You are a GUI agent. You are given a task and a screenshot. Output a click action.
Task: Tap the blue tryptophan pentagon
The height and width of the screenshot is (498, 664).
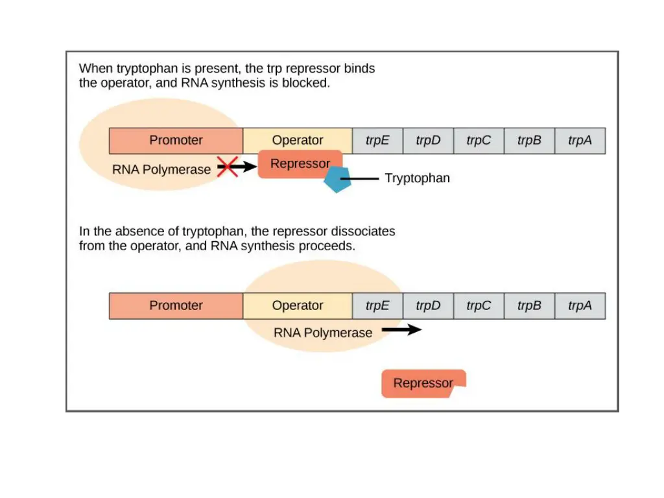click(x=337, y=180)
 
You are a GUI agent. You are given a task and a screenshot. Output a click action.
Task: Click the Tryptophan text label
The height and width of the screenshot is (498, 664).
click(x=417, y=178)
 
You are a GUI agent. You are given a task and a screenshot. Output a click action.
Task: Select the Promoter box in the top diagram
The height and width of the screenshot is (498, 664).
click(x=176, y=141)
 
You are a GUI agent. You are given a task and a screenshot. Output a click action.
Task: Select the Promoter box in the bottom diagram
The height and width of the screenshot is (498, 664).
click(x=176, y=306)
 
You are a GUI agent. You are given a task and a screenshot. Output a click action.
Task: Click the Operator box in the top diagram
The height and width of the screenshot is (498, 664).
click(x=298, y=141)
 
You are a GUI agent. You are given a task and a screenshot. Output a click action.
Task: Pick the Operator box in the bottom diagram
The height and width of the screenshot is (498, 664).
click(x=298, y=306)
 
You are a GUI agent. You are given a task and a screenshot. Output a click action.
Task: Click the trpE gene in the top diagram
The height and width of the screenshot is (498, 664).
click(x=377, y=141)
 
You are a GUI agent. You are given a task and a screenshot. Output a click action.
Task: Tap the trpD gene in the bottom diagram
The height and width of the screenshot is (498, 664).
click(x=428, y=306)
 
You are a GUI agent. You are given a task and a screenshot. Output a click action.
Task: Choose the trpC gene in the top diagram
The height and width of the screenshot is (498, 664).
click(x=479, y=141)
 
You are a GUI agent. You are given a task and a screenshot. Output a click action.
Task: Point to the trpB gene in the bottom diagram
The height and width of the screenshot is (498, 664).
click(x=529, y=306)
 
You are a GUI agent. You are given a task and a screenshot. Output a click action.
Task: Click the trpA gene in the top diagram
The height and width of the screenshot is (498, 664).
click(x=580, y=141)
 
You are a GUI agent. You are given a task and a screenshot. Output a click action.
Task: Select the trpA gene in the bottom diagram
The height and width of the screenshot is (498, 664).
click(x=580, y=306)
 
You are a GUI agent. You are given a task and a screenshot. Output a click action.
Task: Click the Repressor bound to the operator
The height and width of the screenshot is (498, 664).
click(x=300, y=164)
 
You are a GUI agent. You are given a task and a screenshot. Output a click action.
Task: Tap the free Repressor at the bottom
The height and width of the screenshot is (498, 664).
click(x=423, y=383)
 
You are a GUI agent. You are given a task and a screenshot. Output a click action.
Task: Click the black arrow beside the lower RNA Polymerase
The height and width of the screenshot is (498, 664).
click(x=401, y=330)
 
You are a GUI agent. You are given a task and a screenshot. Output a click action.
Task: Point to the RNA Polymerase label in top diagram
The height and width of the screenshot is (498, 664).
click(x=161, y=170)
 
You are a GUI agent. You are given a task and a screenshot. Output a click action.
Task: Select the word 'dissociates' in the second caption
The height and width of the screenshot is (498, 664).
click(x=363, y=231)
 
